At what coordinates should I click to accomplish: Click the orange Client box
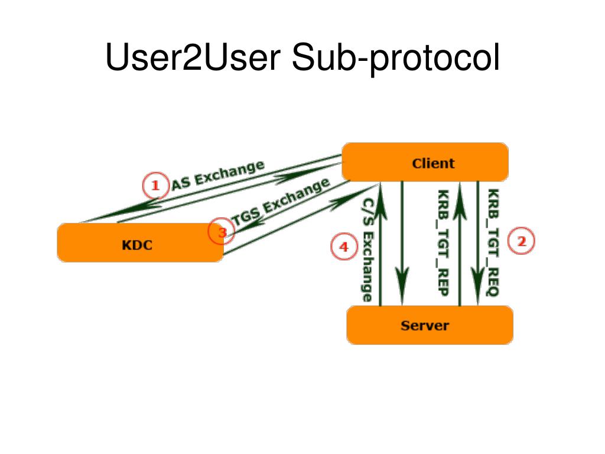pyautogui.click(x=425, y=161)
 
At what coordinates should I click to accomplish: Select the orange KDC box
pyautogui.click(x=140, y=242)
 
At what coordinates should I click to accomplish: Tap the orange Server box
pyautogui.click(x=430, y=325)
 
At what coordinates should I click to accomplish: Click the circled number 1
pyautogui.click(x=155, y=186)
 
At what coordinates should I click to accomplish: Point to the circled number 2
pyautogui.click(x=521, y=241)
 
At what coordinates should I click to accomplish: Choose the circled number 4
pyautogui.click(x=343, y=246)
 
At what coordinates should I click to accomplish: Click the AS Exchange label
pyautogui.click(x=217, y=174)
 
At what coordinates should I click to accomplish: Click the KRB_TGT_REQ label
pyautogui.click(x=494, y=242)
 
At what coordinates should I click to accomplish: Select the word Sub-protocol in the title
pyautogui.click(x=396, y=59)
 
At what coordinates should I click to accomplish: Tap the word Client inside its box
pyautogui.click(x=433, y=163)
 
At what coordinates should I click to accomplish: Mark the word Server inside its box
pyautogui.click(x=424, y=325)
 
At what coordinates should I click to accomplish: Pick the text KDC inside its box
pyautogui.click(x=137, y=244)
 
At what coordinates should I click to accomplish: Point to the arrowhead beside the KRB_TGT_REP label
pyautogui.click(x=460, y=204)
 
